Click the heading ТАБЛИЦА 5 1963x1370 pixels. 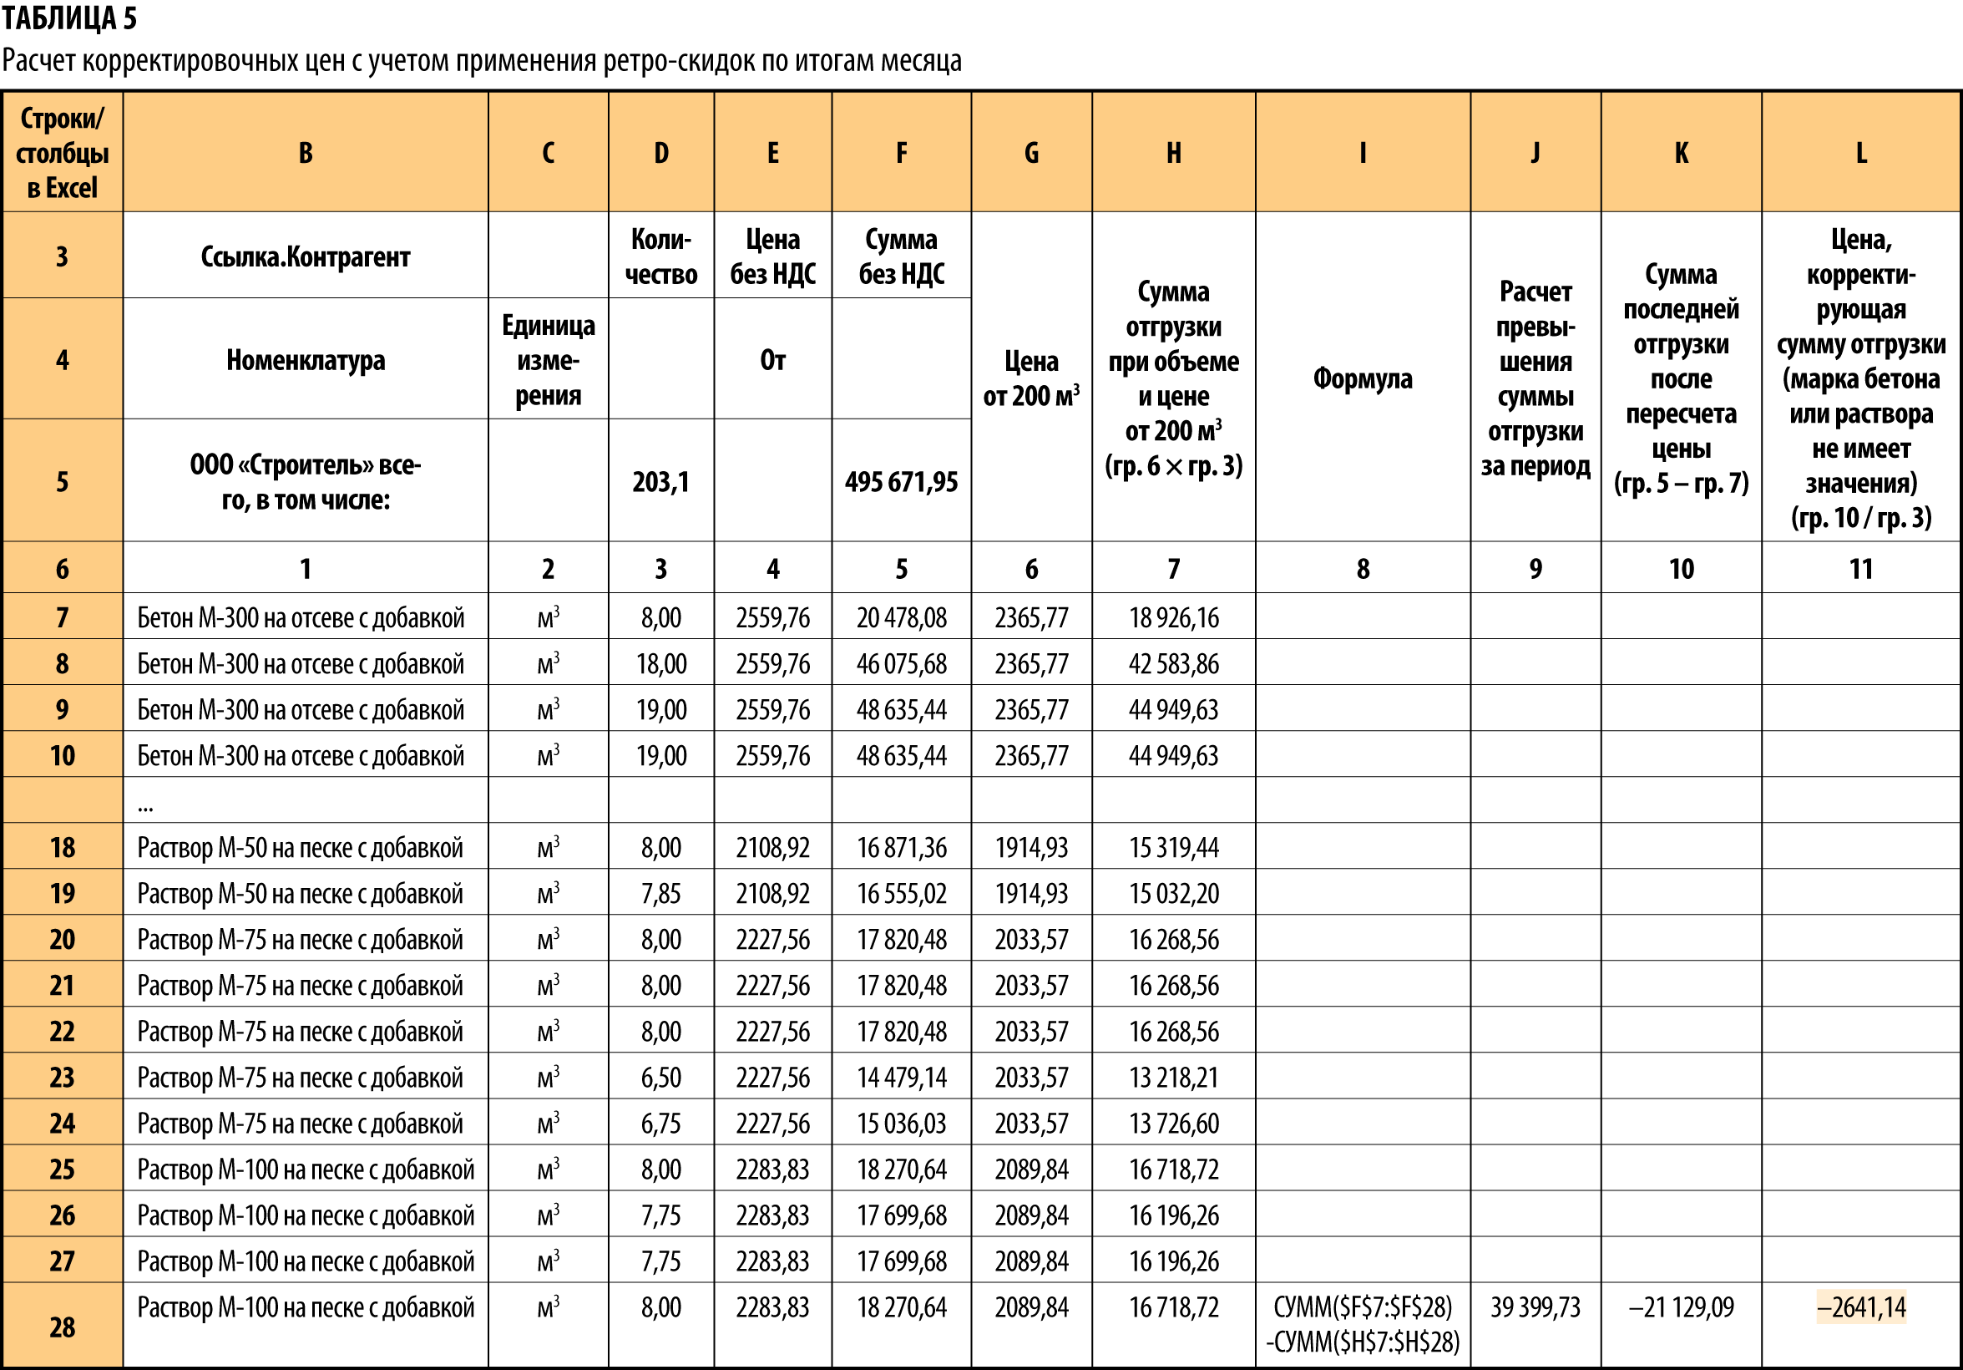[69, 18]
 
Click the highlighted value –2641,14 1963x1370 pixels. [1860, 1307]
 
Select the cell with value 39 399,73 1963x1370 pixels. [1535, 1307]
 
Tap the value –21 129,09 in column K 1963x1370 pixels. [1681, 1307]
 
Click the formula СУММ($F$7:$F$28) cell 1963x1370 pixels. [1362, 1324]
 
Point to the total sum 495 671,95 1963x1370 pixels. [901, 482]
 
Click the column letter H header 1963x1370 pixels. [1173, 153]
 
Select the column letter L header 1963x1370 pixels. [1860, 153]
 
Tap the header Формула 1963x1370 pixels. [1362, 378]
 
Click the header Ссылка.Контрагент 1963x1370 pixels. [306, 256]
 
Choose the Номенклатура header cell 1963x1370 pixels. [306, 360]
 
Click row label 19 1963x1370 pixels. [63, 894]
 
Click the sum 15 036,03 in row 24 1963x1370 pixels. [901, 1124]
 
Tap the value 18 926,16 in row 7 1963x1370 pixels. [1173, 618]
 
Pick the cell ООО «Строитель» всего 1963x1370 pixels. [306, 482]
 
